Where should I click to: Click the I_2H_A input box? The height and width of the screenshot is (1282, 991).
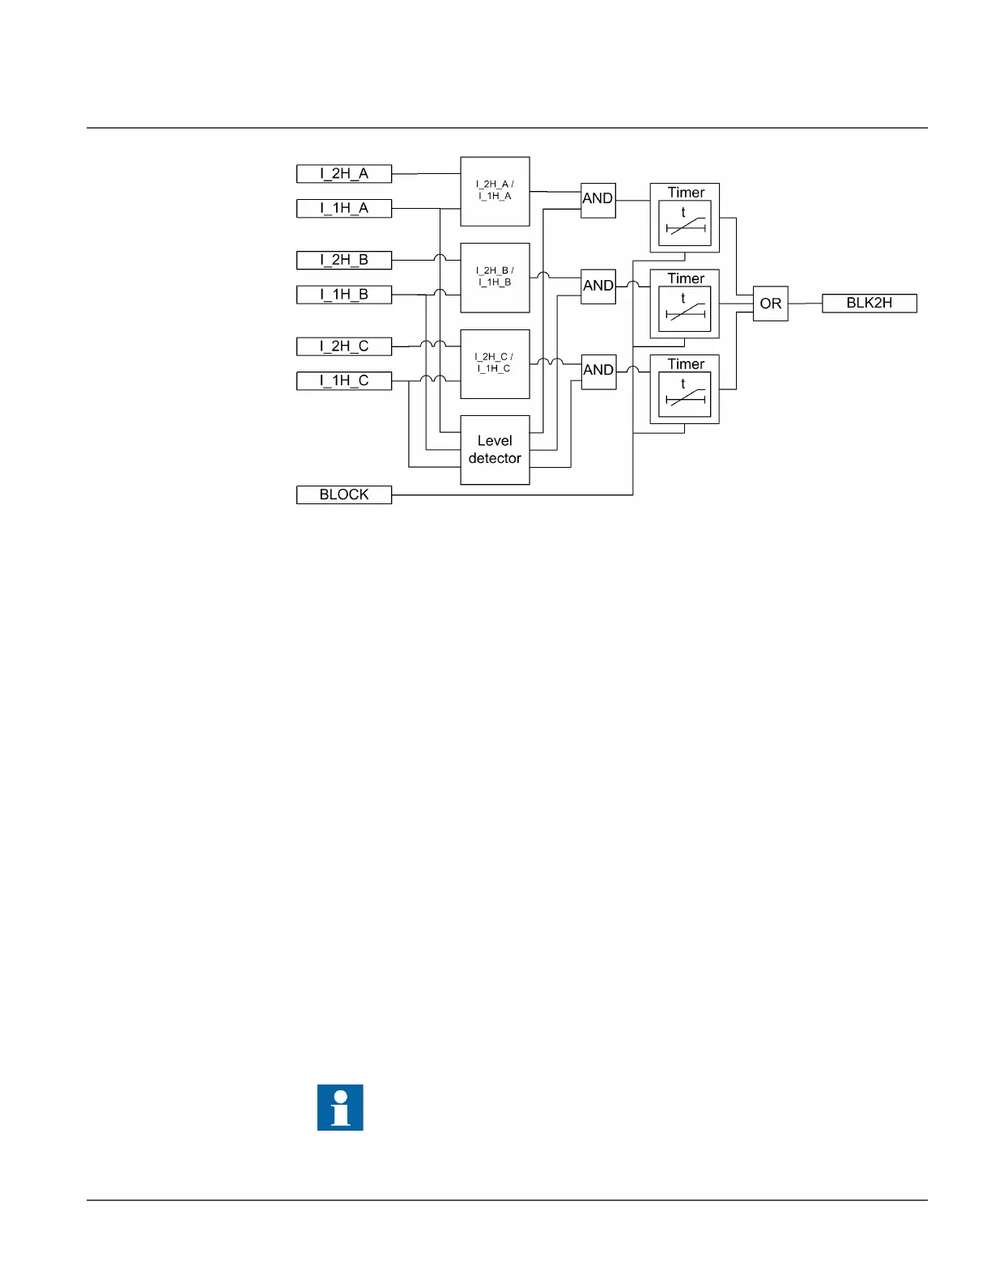pos(344,174)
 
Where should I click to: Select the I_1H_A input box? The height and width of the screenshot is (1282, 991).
pos(344,208)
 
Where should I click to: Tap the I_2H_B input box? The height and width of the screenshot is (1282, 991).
pos(344,260)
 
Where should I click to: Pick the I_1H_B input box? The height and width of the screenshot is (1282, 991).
pos(344,295)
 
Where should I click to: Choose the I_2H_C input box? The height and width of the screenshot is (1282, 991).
pos(344,346)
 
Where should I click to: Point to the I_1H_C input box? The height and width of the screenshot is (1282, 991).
pos(344,380)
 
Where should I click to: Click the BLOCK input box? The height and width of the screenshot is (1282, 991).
pos(344,495)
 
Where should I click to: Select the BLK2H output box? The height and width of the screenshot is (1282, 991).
pos(869,304)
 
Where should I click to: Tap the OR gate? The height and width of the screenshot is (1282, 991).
pos(770,304)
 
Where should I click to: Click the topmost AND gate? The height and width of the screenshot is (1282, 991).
pos(598,199)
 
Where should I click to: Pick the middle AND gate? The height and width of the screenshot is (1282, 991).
pos(598,286)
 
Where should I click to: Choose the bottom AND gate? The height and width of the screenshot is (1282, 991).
pos(598,371)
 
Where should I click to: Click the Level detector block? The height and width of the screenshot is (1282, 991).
pos(495,450)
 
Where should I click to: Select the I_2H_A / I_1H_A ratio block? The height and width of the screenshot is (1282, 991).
pos(495,191)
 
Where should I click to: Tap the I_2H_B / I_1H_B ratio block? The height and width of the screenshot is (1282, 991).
pos(495,278)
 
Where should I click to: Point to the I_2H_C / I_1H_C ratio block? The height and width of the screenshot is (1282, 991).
pos(495,363)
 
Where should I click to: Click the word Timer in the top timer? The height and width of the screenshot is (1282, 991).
pos(686,193)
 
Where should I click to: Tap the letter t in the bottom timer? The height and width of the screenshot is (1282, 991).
pos(683,384)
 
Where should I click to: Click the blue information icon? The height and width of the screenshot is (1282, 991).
pos(340,1107)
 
